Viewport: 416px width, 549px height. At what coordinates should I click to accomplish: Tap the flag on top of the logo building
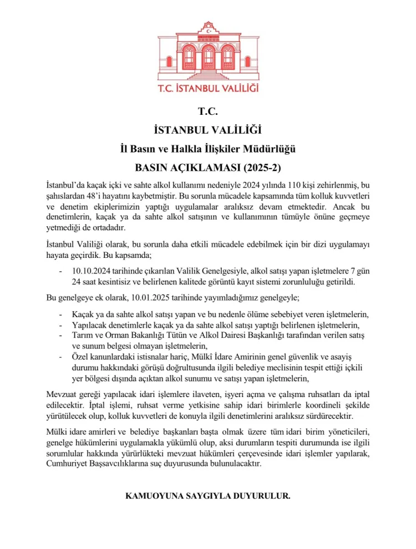[209, 26]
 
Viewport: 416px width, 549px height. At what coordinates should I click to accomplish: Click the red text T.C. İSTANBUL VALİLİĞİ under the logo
[208, 88]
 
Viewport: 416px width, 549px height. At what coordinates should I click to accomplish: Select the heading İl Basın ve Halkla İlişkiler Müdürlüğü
[208, 149]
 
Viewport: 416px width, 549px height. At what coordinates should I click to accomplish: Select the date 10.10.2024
[90, 271]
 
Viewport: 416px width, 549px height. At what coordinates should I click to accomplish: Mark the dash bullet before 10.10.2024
[60, 271]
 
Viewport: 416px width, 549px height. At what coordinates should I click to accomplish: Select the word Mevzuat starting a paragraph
[63, 394]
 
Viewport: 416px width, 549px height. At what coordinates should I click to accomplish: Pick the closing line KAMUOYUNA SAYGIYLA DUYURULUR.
[208, 495]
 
